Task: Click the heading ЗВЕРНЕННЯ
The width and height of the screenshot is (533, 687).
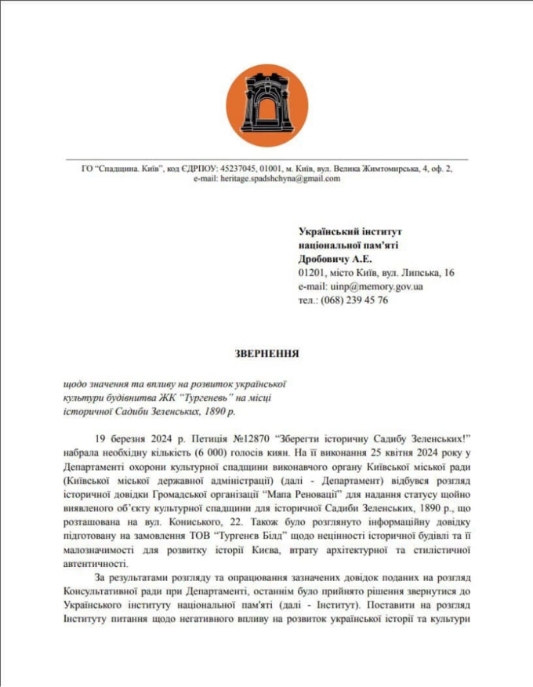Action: [266, 353]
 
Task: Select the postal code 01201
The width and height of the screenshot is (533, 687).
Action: [312, 273]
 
